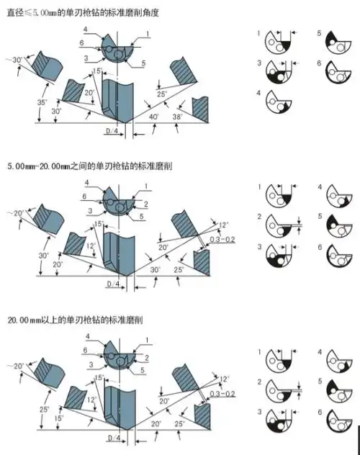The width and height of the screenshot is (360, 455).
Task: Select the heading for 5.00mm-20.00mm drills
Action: pyautogui.click(x=89, y=166)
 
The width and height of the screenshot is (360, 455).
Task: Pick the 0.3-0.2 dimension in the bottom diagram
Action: pyautogui.click(x=222, y=394)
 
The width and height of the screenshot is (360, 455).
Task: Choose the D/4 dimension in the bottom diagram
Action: pyautogui.click(x=114, y=438)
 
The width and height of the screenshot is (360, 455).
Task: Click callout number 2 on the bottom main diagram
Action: pyautogui.click(x=146, y=358)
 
